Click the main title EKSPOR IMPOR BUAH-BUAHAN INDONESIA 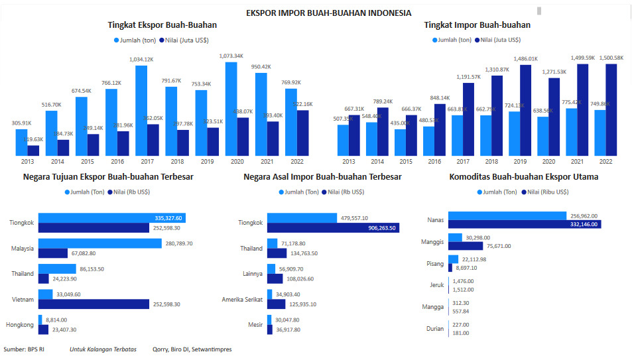click(328, 13)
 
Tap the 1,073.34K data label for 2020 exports click(231, 56)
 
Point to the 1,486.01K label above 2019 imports click(525, 59)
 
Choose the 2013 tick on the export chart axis click(27, 162)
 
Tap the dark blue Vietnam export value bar click(94, 304)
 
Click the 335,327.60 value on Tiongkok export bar click(168, 218)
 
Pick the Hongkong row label click(20, 324)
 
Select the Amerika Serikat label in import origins click(242, 300)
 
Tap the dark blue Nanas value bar click(524, 225)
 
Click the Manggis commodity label click(432, 242)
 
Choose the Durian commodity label click(434, 329)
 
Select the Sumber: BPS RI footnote click(24, 349)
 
